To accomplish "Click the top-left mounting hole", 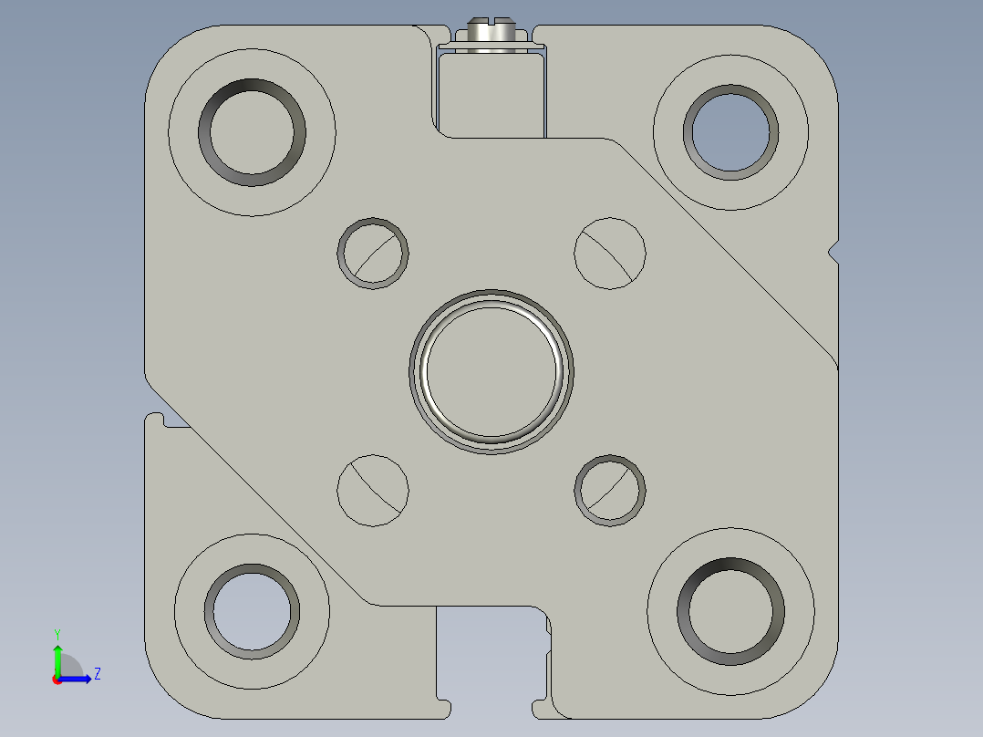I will (x=253, y=131).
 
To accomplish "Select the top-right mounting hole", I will (x=731, y=132).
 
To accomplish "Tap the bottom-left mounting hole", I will (x=252, y=611).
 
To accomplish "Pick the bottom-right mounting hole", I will (x=730, y=610).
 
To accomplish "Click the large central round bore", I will (x=491, y=370).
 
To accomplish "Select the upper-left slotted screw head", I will (x=373, y=254).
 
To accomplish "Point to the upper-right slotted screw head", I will (x=610, y=254).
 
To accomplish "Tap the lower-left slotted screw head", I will (x=373, y=490).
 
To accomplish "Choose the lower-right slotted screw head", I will (x=610, y=491).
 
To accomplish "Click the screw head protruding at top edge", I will (x=491, y=32).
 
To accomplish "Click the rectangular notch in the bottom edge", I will (x=492, y=657).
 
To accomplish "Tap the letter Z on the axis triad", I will (x=97, y=674).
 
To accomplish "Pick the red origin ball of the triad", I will (x=57, y=680).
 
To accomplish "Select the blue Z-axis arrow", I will (x=77, y=680).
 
